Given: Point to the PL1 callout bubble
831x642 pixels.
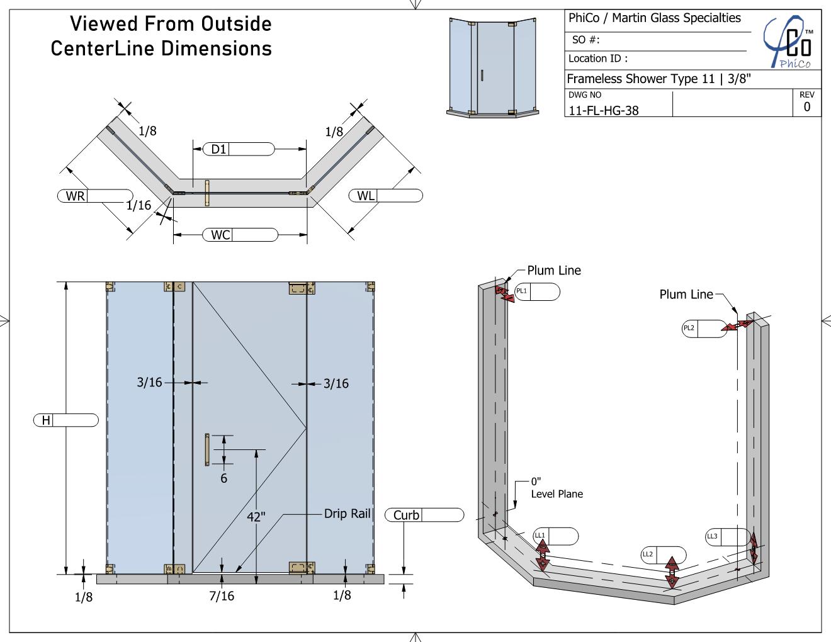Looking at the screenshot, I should [537, 291].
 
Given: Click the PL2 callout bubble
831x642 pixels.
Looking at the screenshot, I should [704, 329].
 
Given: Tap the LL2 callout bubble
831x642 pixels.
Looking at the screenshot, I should [663, 555].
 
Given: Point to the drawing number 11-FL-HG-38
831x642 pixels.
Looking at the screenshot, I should [604, 110].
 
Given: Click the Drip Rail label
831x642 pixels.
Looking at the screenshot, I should [347, 514].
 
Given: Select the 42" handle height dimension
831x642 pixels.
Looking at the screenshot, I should [256, 517].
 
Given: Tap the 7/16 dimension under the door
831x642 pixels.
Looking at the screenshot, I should [222, 595].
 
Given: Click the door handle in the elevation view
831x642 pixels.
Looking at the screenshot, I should [207, 449].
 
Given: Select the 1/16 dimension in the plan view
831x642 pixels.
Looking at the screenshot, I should [138, 205].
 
